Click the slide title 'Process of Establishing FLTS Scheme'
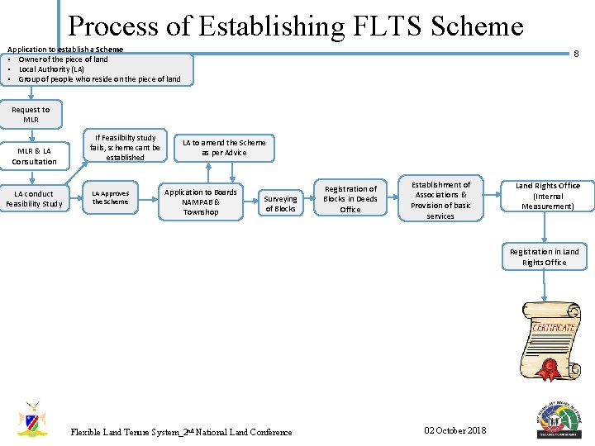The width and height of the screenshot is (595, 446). (x=296, y=26)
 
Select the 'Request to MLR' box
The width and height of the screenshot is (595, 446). (x=31, y=115)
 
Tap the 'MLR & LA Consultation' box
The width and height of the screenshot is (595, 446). (x=34, y=156)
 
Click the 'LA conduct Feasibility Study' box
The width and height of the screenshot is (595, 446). (x=34, y=199)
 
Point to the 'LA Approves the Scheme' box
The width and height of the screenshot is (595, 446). (x=111, y=198)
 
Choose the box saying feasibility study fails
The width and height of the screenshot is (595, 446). (x=126, y=147)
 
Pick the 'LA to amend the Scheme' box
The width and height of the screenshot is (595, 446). (x=224, y=147)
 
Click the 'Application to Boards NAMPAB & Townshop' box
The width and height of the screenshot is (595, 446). (x=201, y=202)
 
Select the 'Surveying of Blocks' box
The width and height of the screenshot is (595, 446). (x=280, y=203)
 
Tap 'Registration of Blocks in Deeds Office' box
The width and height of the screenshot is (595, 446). (x=350, y=199)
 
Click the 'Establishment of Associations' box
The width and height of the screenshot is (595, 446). (x=440, y=201)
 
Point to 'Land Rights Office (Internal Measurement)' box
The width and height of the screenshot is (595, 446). (x=548, y=196)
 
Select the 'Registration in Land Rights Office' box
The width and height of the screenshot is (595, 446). (x=545, y=257)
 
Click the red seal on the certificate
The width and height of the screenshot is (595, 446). (x=546, y=368)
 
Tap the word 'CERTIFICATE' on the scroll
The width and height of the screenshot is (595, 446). (x=554, y=328)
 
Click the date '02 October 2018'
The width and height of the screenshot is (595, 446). (x=455, y=430)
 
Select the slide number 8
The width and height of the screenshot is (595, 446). (x=576, y=54)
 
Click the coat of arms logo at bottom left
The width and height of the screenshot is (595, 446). (x=33, y=419)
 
